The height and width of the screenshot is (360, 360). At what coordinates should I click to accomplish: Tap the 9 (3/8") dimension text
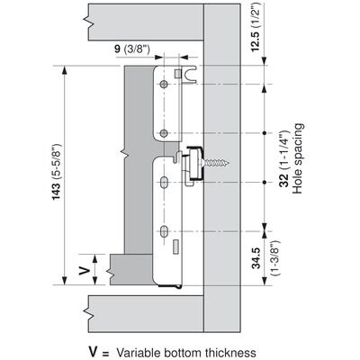131,49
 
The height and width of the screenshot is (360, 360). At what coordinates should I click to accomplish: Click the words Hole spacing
297,158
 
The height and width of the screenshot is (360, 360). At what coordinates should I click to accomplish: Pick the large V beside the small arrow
85,271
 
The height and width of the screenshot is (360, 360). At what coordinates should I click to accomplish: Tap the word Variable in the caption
136,352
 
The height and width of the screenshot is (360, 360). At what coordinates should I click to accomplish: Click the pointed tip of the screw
229,163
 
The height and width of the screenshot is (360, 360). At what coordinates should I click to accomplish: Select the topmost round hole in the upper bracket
164,85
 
